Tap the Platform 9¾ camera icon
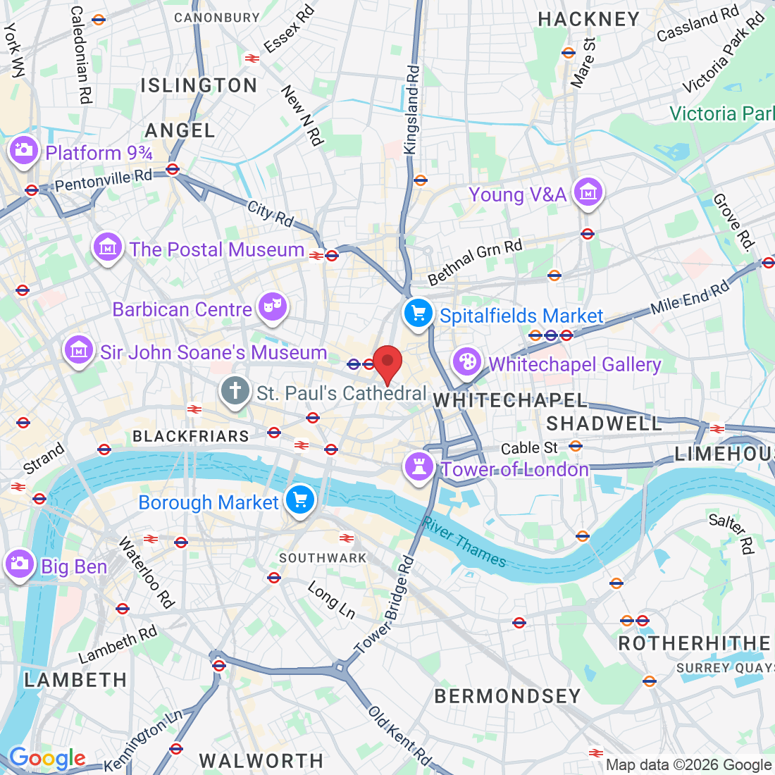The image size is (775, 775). tap(23, 150)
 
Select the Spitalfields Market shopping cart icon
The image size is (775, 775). tap(418, 312)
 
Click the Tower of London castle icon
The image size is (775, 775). tap(418, 466)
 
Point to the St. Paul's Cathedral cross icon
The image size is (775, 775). tap(235, 390)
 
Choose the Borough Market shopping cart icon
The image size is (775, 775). tap(301, 500)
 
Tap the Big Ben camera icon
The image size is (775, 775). tap(19, 564)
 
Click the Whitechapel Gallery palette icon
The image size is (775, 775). tap(466, 362)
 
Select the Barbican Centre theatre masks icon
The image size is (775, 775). tap(271, 306)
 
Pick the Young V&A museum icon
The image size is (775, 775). tap(588, 192)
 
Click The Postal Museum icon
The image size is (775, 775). tap(107, 247)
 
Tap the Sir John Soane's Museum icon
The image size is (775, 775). tap(79, 350)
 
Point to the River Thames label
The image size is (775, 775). tap(464, 542)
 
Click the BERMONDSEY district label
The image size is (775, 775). tap(507, 696)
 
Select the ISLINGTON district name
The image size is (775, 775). tap(199, 86)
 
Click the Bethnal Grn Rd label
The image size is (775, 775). tap(476, 261)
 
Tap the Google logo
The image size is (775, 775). tap(46, 759)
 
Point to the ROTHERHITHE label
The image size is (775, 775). tap(694, 643)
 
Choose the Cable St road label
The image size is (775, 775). tap(529, 448)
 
